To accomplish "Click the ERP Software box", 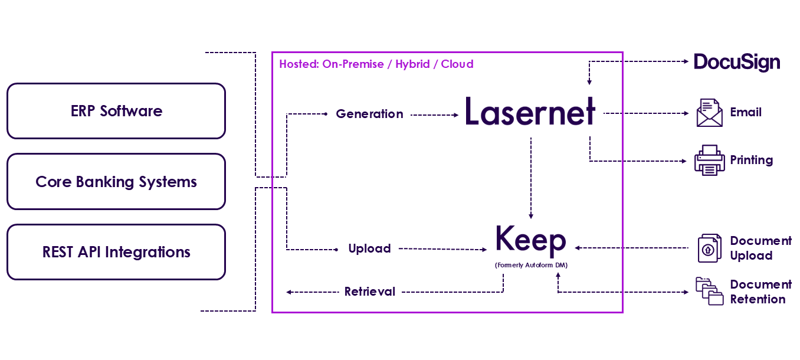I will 116,111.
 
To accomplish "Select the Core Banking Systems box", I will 116,182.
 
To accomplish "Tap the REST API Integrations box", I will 116,252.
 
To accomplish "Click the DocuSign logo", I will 736,62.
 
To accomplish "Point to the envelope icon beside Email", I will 709,113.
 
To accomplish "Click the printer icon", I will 709,160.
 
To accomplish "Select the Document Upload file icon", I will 709,248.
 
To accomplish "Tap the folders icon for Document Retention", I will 709,292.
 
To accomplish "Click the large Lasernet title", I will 530,112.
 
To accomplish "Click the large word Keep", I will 530,240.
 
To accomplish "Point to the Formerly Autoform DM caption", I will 531,266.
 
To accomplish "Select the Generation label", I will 369,114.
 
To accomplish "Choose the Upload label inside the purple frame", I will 369,248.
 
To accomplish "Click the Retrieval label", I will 370,292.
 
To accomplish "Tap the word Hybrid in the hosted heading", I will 413,64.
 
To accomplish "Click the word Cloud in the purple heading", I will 457,64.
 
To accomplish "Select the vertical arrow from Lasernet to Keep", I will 531,177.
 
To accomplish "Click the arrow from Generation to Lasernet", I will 434,115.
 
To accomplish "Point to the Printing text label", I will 751,160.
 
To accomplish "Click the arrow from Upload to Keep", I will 442,249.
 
